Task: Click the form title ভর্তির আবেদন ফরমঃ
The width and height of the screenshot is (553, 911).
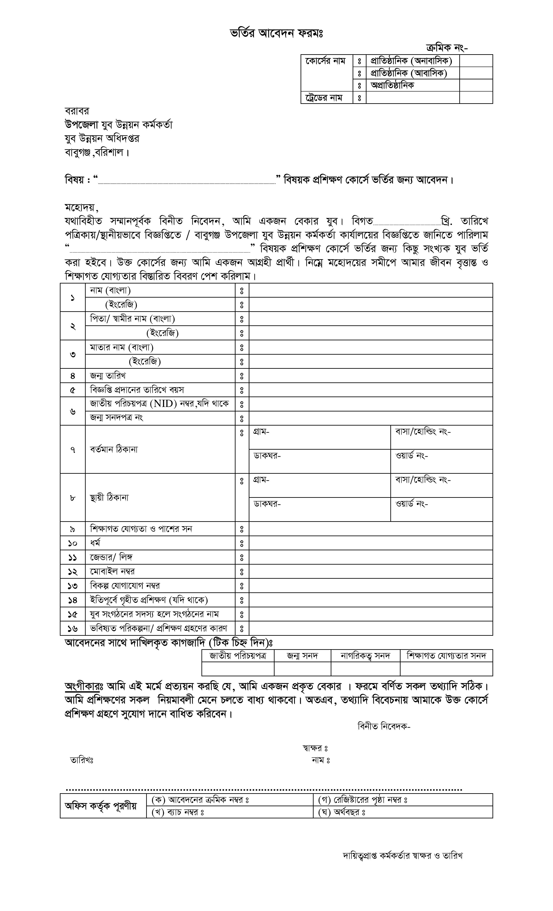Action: pos(276,34)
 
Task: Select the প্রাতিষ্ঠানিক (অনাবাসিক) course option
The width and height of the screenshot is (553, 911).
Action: pos(411,61)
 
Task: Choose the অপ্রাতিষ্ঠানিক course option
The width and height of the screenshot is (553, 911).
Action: pos(392,85)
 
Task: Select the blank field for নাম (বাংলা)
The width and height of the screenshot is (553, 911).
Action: pos(370,291)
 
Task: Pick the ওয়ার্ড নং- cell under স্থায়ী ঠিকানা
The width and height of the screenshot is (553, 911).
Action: pos(441,509)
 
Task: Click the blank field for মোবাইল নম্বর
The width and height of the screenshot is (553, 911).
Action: pos(370,572)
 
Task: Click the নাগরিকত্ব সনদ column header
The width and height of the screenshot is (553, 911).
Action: pos(365,656)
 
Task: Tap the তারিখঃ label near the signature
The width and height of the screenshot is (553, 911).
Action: pos(82,760)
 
